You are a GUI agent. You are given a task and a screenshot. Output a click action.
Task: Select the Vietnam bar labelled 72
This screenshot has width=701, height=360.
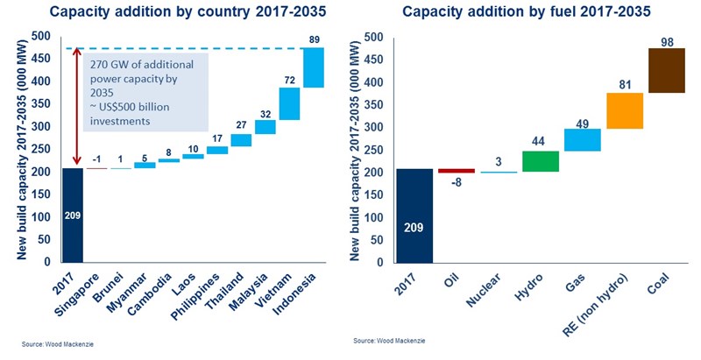click(289, 103)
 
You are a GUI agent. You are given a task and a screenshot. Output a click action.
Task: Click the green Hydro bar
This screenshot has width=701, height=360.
click(541, 161)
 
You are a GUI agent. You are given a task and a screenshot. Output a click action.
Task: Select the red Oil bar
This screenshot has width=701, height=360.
click(456, 171)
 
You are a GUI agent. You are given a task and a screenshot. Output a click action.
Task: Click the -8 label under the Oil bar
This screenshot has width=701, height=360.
click(456, 184)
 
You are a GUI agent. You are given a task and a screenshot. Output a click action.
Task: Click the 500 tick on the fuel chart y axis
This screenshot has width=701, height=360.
click(373, 38)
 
